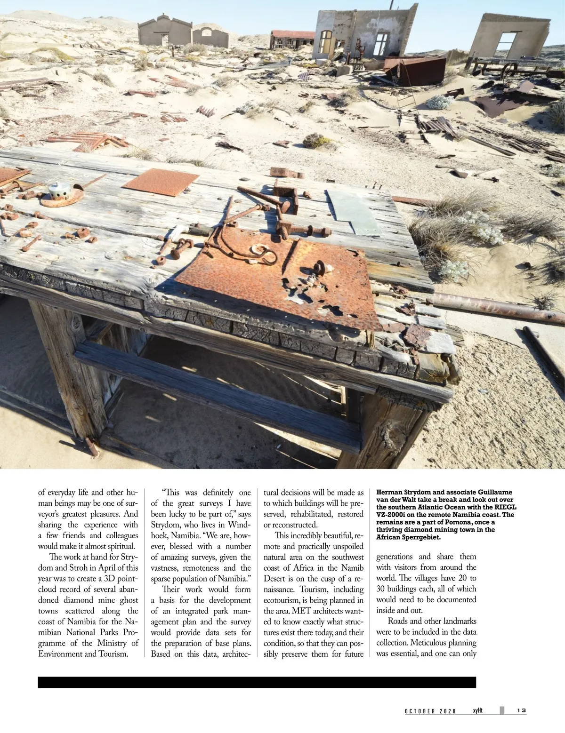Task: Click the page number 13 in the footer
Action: point(521,710)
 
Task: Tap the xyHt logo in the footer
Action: point(479,710)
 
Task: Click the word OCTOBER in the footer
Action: point(420,711)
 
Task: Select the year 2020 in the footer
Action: point(448,711)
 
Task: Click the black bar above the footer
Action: point(257,683)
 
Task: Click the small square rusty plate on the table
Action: point(161,182)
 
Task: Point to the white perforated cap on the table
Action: point(60,191)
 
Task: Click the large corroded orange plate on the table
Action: point(278,278)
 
